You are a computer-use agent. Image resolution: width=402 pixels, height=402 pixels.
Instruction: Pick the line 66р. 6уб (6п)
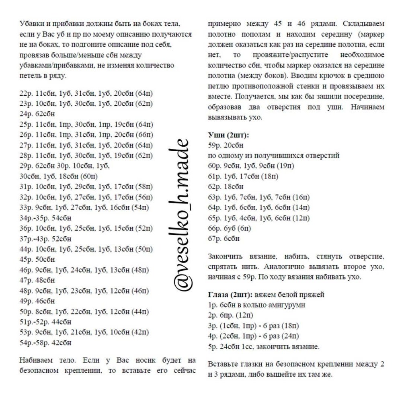tap(230, 228)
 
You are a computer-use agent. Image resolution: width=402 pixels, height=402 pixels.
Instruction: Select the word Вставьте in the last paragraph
tap(223, 364)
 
